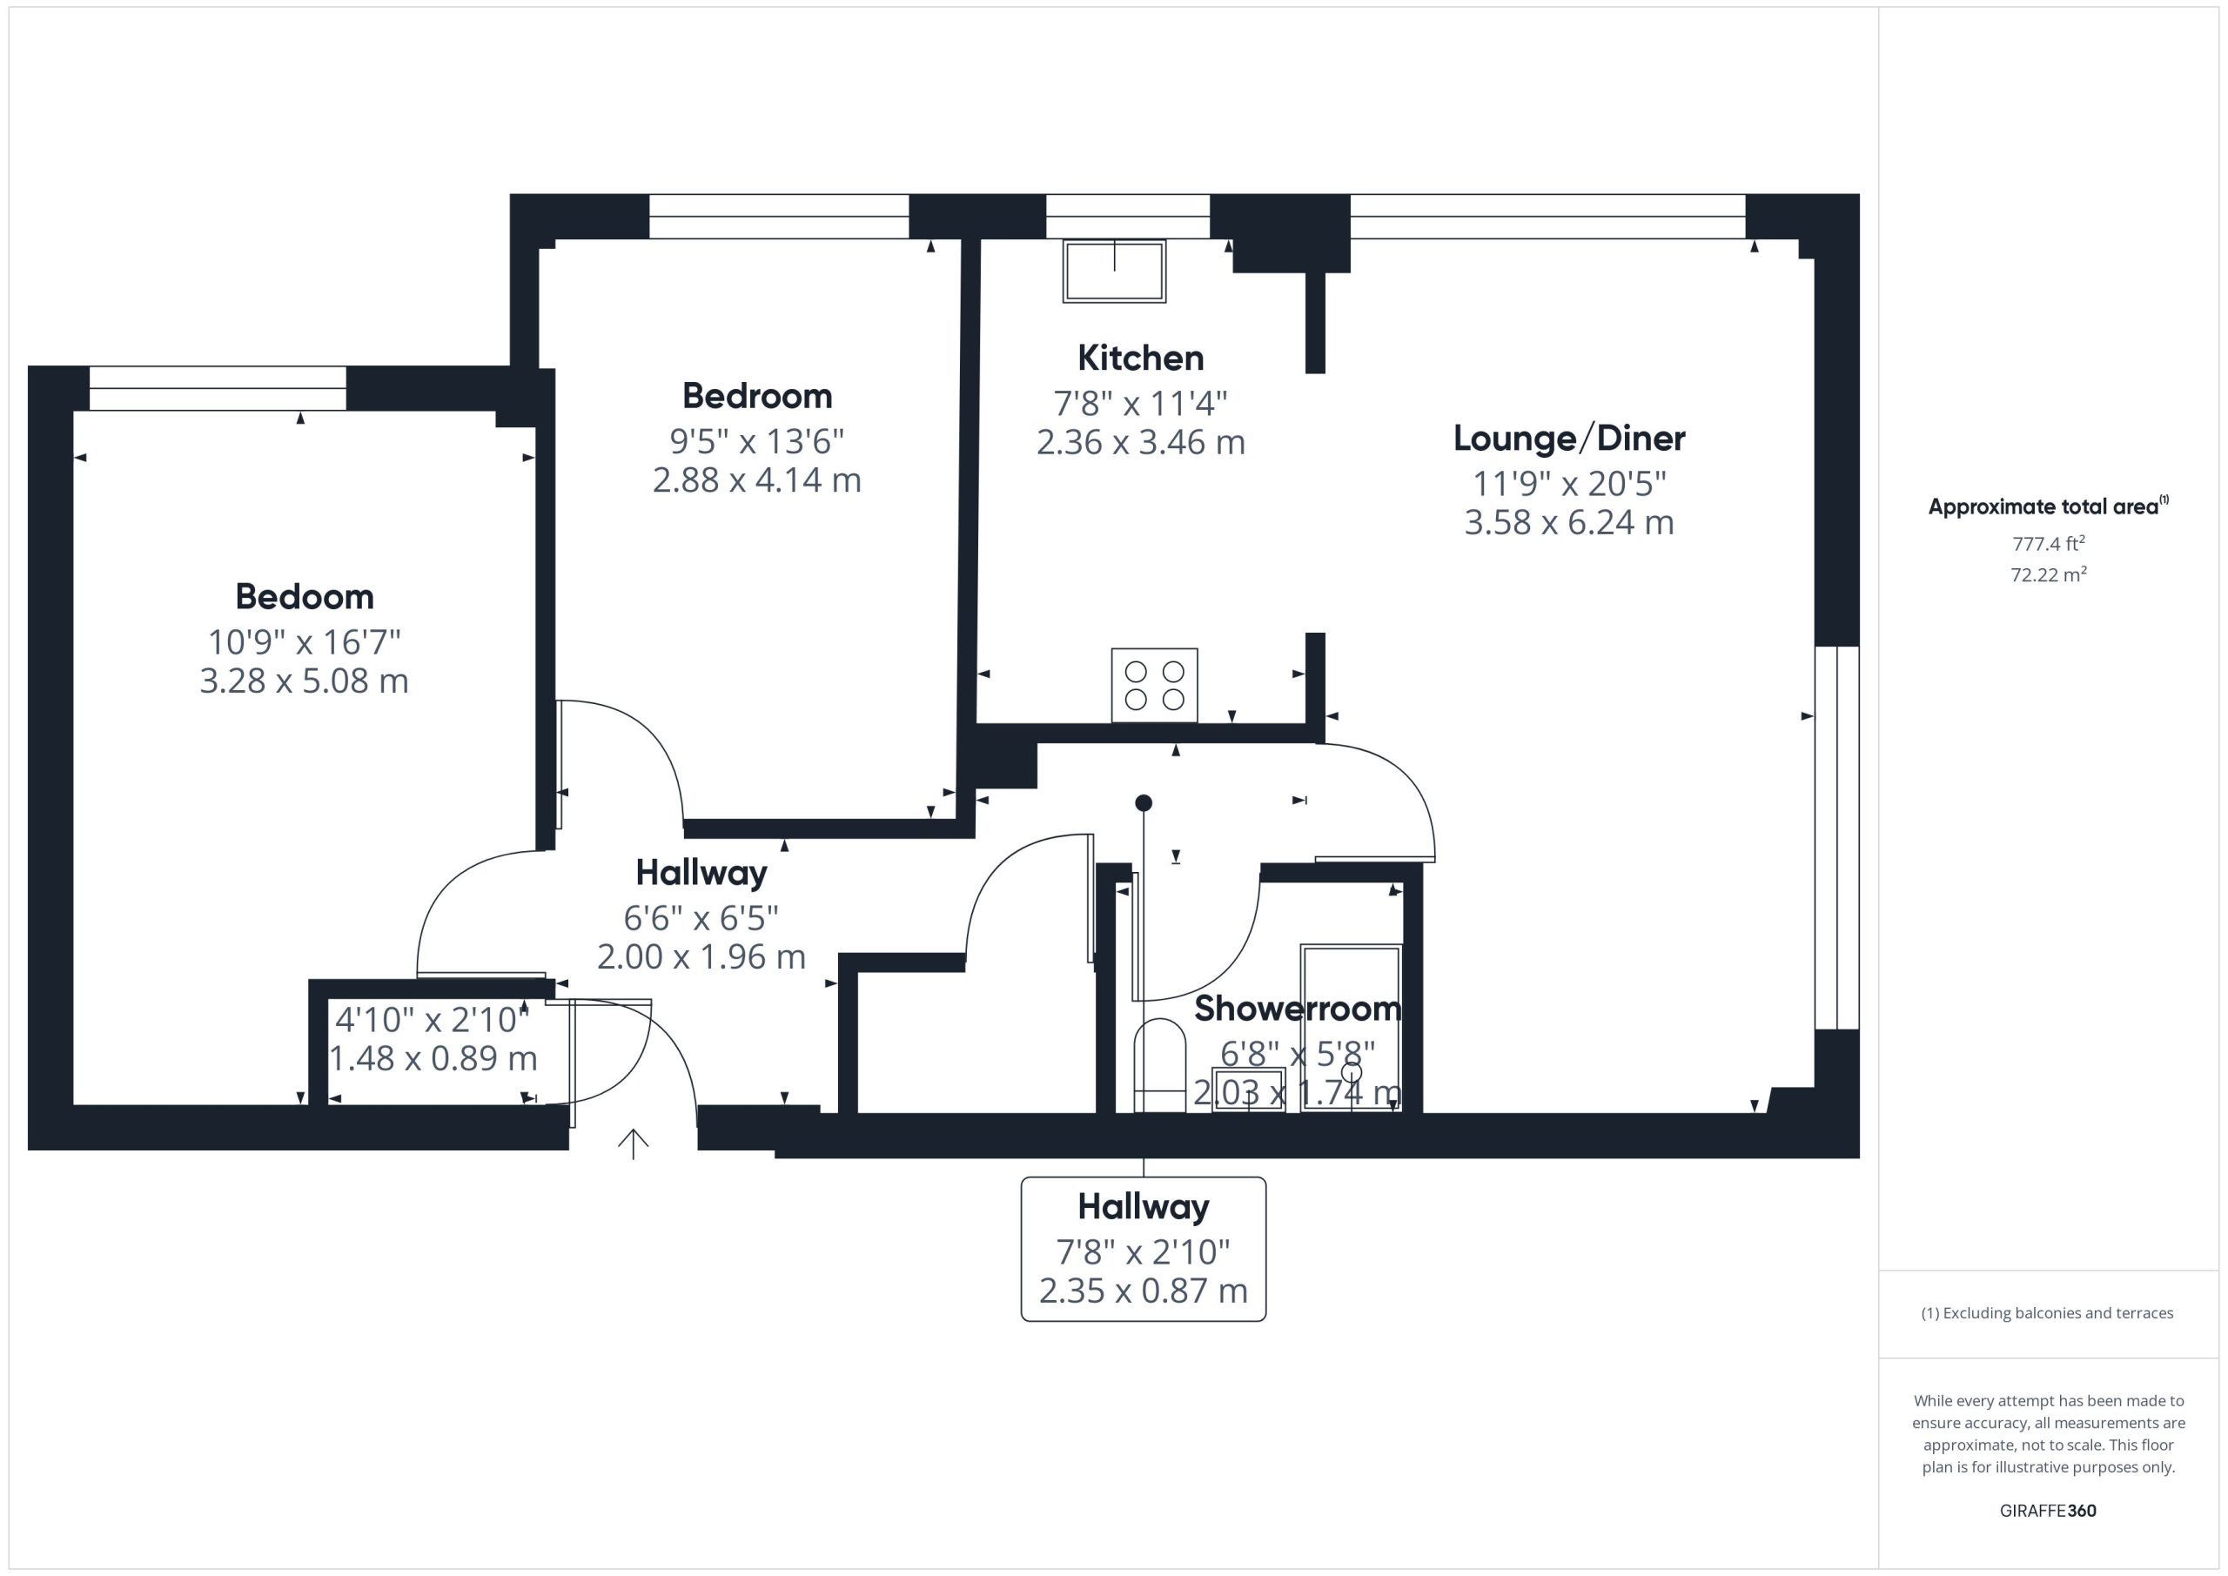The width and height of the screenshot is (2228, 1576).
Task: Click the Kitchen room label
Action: [1140, 358]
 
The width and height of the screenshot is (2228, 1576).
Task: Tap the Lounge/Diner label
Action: [1569, 439]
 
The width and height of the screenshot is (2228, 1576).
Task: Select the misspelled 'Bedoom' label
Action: [304, 597]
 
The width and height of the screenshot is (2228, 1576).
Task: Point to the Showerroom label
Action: [1298, 1009]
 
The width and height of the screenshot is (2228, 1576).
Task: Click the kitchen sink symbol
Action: [1114, 271]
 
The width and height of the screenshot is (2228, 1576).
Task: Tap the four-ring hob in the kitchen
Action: [1154, 685]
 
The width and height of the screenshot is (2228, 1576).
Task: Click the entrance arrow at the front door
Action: [633, 1144]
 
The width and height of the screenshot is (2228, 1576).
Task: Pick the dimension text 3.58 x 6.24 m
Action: [1569, 523]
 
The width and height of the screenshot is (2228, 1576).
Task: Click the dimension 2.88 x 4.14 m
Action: [757, 480]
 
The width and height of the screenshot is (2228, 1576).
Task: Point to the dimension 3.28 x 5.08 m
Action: [304, 681]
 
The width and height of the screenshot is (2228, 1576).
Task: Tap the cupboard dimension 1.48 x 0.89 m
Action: [433, 1059]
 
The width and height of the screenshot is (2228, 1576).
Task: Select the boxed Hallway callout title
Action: [1143, 1207]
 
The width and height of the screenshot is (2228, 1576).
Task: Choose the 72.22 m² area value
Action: [2049, 574]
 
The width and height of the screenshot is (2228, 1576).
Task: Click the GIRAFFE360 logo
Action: [2048, 1511]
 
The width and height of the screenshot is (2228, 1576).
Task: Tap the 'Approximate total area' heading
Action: [2048, 506]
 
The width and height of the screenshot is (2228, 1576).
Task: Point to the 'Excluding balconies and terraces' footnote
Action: [2048, 1313]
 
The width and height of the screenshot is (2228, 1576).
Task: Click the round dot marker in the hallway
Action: [1143, 802]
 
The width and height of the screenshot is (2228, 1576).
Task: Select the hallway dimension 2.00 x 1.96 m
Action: [701, 958]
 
